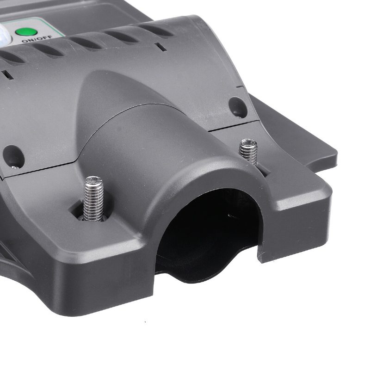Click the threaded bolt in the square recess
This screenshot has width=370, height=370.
click(94, 198)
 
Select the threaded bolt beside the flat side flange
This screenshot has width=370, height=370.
click(248, 152)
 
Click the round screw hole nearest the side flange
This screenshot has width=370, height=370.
click(238, 107)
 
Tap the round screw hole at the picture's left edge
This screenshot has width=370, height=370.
click(13, 157)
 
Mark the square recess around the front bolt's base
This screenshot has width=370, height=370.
click(90, 211)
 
